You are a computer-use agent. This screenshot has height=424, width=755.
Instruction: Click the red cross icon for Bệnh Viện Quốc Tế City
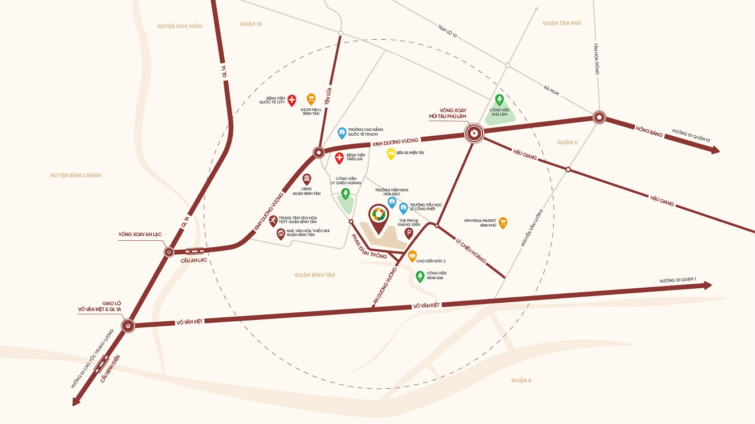click(x=291, y=99)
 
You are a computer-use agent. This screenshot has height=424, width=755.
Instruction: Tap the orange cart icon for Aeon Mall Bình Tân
click(x=311, y=99)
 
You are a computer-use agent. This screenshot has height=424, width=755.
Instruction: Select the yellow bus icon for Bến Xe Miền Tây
click(x=391, y=153)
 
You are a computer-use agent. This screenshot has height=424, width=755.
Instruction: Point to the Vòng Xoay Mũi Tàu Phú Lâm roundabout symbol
click(x=474, y=133)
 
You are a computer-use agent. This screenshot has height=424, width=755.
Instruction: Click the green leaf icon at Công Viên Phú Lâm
click(x=499, y=99)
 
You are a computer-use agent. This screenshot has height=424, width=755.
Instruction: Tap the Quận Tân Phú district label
click(x=562, y=23)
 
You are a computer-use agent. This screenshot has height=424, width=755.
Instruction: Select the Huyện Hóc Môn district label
click(x=180, y=26)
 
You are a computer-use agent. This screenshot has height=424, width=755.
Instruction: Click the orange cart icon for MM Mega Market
click(x=503, y=222)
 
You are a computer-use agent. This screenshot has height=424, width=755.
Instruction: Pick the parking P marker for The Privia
click(x=408, y=233)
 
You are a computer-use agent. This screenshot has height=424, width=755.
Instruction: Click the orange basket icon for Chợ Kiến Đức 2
click(x=412, y=256)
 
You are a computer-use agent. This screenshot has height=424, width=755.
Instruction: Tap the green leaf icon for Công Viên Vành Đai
click(x=419, y=275)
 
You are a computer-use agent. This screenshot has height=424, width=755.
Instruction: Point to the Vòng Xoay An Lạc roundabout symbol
click(x=169, y=253)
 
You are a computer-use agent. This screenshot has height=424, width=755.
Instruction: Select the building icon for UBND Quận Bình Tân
click(x=306, y=179)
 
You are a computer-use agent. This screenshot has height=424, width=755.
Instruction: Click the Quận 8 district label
click(x=521, y=380)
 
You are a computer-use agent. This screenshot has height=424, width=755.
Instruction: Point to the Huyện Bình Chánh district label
click(x=76, y=175)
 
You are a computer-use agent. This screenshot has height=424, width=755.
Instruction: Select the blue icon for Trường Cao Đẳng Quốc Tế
click(x=342, y=132)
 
